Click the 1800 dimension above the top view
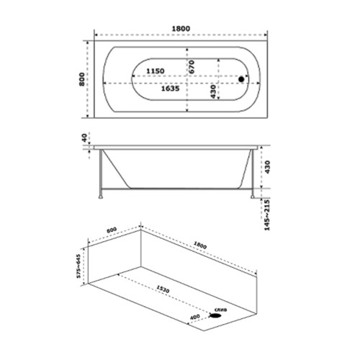[x=181, y=29]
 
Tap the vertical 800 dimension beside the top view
[x=82, y=79]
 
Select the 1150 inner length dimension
[x=156, y=71]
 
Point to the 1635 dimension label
[x=170, y=89]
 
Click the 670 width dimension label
[x=192, y=67]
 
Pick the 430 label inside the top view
[x=213, y=91]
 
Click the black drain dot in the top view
[x=241, y=79]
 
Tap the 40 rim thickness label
[x=84, y=138]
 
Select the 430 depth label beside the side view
[x=267, y=167]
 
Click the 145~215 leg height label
[x=267, y=215]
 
